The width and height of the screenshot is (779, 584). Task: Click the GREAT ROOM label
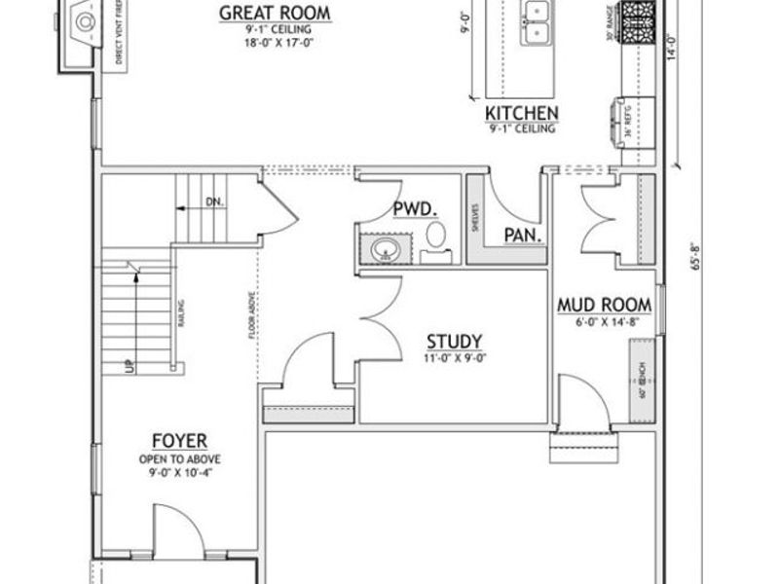pyautogui.click(x=274, y=13)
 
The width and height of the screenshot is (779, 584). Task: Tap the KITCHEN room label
pyautogui.click(x=521, y=113)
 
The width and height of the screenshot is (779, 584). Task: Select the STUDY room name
pyautogui.click(x=454, y=342)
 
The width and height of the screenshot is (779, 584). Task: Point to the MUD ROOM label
pyautogui.click(x=604, y=306)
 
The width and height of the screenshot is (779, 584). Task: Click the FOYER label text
pyautogui.click(x=178, y=442)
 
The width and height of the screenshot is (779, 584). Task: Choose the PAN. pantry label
pyautogui.click(x=523, y=236)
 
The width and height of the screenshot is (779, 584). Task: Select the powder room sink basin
pyautogui.click(x=386, y=249)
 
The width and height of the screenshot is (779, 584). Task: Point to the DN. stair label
pyautogui.click(x=214, y=202)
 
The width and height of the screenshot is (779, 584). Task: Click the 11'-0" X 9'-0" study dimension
pyautogui.click(x=454, y=357)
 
